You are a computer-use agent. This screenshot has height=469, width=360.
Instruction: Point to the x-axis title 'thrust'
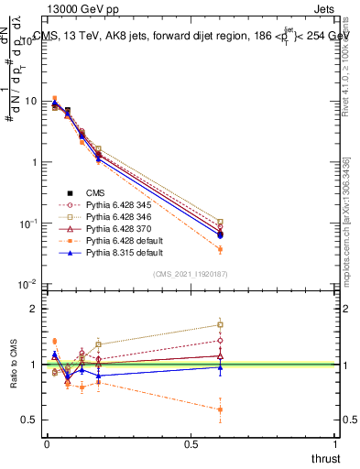tap(324, 458)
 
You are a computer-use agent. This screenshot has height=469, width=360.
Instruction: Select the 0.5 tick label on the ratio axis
tap(29, 420)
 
